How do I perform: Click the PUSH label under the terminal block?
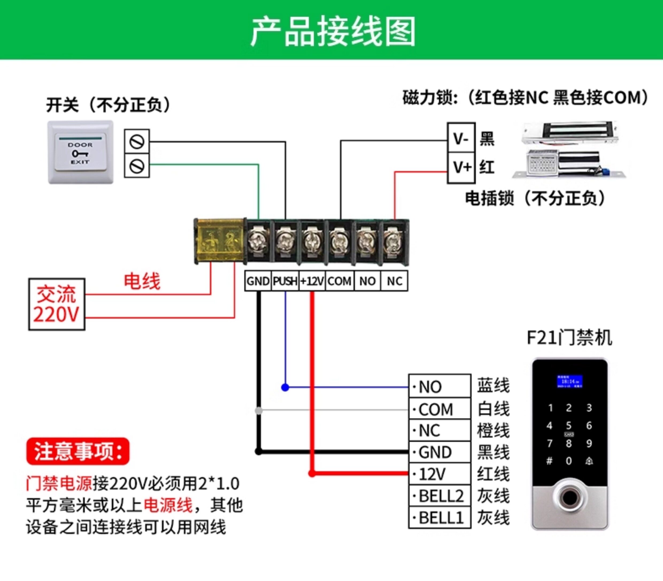(285, 281)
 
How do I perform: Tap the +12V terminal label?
(312, 281)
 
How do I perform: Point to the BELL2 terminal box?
(440, 496)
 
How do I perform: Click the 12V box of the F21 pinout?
(440, 474)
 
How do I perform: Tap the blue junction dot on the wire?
(285, 387)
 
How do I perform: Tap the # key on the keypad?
(549, 461)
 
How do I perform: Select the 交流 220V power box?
(57, 304)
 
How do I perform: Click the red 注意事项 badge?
(78, 451)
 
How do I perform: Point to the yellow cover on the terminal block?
(220, 240)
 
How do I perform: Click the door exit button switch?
(80, 152)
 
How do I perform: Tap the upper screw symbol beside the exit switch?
(137, 142)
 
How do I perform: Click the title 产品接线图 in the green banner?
(333, 32)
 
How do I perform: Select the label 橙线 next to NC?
(493, 431)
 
